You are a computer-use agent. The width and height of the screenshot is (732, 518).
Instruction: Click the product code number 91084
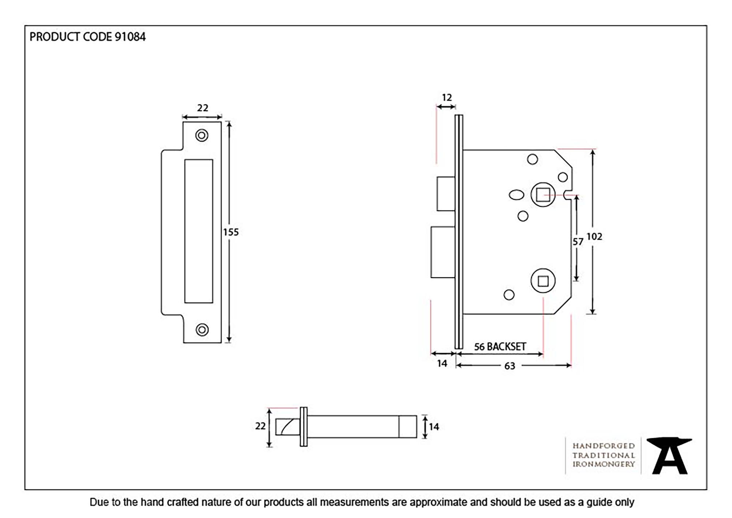(130, 37)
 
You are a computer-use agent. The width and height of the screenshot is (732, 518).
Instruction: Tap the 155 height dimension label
(231, 232)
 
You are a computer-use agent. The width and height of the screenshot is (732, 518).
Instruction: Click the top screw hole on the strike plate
(202, 135)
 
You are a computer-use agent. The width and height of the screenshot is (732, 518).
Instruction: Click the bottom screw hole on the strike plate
(202, 330)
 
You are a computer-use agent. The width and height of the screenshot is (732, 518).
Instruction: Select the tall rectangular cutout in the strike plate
(199, 231)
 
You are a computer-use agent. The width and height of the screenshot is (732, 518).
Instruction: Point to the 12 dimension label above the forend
(447, 98)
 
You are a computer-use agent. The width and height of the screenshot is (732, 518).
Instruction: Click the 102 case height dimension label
(594, 237)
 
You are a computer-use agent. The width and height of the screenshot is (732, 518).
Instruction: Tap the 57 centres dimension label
(578, 242)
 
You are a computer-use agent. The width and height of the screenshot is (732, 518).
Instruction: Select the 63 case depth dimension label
(509, 366)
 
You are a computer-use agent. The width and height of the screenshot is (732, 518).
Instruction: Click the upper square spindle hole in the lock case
(543, 195)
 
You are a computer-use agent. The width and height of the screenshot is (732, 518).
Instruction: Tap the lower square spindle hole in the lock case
(543, 281)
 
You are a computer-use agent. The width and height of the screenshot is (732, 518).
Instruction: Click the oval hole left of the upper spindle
(516, 195)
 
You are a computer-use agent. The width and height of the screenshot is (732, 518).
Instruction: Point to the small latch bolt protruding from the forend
(446, 194)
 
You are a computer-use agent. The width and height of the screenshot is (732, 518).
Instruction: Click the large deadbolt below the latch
(443, 252)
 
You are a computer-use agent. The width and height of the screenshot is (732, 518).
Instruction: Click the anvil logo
(669, 455)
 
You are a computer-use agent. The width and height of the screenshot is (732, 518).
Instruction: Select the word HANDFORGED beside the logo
(604, 446)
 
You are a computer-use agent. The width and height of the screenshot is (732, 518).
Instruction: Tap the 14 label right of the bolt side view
(434, 427)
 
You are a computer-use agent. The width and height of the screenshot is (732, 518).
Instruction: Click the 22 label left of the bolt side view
(260, 426)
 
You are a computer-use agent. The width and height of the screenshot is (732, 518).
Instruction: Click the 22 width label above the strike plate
(202, 108)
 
